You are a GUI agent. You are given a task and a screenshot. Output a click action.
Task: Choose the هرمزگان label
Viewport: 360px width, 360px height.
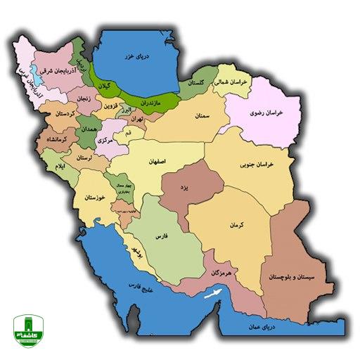pyautogui.click(x=221, y=271)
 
